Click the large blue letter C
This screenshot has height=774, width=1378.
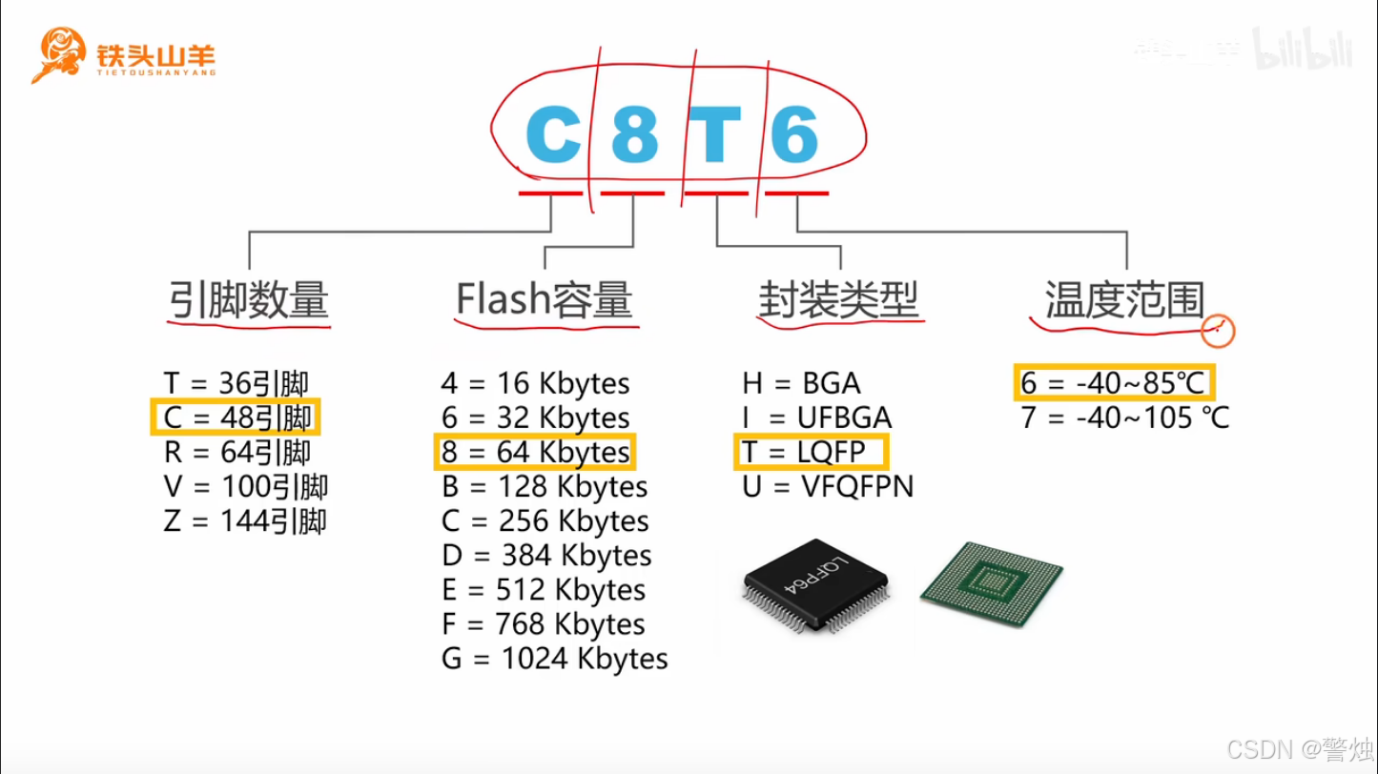point(553,136)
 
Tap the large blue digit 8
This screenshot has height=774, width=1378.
point(634,136)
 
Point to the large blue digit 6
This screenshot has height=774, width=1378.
point(794,136)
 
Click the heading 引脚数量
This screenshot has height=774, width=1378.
point(249,300)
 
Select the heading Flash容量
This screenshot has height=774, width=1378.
point(545,300)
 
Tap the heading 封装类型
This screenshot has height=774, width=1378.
point(839,300)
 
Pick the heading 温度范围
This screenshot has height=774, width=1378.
point(1124,300)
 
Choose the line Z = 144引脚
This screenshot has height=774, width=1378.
point(245,521)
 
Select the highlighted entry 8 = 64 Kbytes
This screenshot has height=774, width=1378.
point(535,452)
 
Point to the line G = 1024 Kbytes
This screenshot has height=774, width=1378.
point(554,659)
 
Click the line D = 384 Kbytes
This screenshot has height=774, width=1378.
point(546,555)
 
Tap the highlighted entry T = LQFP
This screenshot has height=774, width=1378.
point(809,452)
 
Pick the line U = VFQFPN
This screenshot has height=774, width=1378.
point(828,487)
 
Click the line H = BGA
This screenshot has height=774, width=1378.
point(801,383)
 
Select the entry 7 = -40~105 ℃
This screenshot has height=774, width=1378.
point(1124,418)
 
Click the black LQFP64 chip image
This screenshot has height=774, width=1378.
point(816,591)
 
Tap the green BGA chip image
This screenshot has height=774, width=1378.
point(992,584)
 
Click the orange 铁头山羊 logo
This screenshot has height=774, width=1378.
point(124,55)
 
